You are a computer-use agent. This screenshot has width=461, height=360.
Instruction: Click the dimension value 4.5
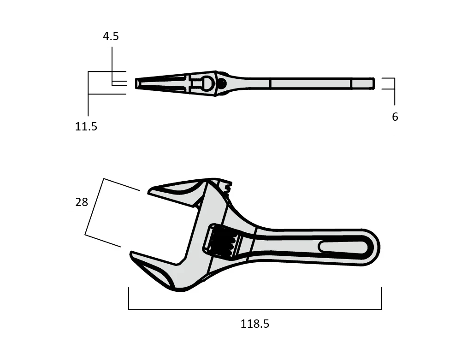(111, 36)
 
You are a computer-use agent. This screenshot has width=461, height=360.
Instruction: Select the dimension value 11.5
(86, 126)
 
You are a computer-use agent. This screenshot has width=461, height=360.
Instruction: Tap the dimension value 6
(395, 117)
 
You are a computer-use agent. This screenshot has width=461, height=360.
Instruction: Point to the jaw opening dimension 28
(82, 202)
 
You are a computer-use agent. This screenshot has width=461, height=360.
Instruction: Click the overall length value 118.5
(254, 324)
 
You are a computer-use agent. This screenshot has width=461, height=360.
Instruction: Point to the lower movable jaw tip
(135, 255)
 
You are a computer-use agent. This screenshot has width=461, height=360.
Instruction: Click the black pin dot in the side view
(221, 83)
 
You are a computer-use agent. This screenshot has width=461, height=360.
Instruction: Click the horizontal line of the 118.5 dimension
(254, 309)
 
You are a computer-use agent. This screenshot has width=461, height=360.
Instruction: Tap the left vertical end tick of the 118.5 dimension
(129, 298)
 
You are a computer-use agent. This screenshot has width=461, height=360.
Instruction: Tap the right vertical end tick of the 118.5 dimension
(381, 298)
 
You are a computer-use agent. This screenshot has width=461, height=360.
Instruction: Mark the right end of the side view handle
(372, 83)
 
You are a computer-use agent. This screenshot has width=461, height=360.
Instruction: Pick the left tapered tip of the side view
(137, 83)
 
